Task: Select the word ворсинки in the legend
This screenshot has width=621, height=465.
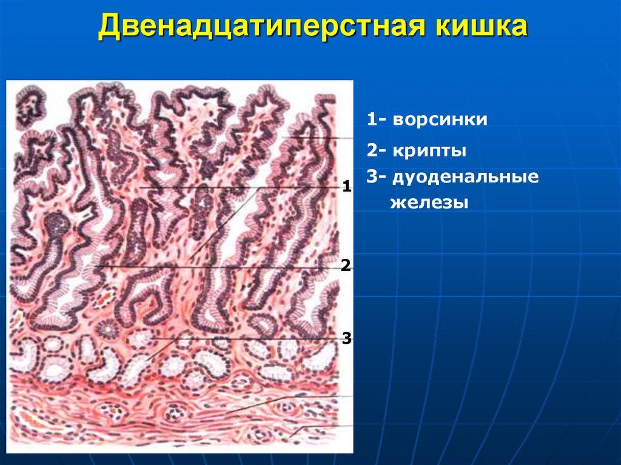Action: click(x=440, y=119)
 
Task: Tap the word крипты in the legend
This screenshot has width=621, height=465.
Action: click(x=429, y=150)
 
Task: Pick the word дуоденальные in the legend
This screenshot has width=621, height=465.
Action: click(x=465, y=178)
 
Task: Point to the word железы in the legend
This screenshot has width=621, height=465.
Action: click(x=429, y=202)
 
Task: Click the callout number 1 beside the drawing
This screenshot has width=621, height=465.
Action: click(x=347, y=186)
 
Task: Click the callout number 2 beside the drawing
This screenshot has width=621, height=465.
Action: click(x=346, y=265)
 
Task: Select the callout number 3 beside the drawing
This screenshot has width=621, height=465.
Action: click(x=347, y=338)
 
